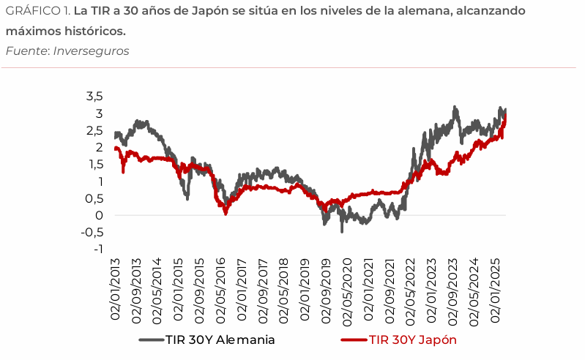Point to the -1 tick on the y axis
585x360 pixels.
coord(97,250)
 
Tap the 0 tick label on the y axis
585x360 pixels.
coord(99,215)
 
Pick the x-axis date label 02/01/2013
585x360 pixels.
coord(116,290)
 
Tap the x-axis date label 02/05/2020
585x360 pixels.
coord(348,290)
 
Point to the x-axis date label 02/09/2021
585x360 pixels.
coord(390,290)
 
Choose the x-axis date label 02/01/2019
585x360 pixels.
coord(305,290)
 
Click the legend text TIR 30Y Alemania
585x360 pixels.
coord(220,340)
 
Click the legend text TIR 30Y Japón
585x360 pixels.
coord(413,340)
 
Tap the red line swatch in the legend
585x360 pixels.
coord(354,340)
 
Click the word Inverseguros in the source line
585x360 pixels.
coord(92,50)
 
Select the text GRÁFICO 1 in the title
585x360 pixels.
coord(37,12)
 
